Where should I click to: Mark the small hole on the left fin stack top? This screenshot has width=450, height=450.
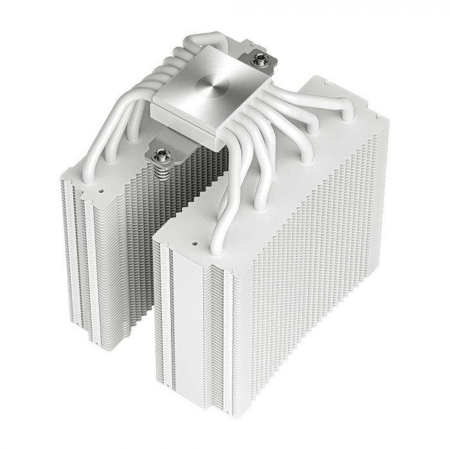pos(101,190)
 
